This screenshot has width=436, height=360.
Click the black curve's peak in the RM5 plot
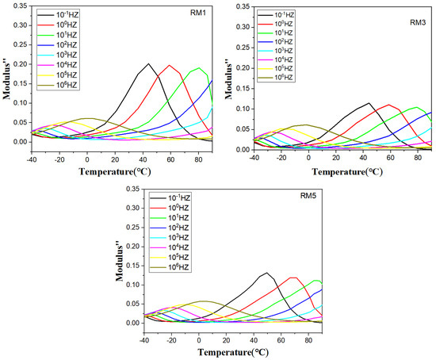tap(267, 273)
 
